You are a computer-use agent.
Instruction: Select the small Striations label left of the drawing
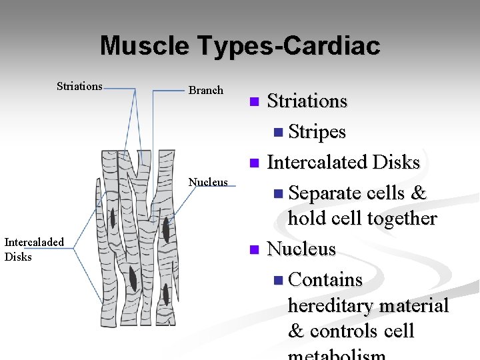[x=79, y=86]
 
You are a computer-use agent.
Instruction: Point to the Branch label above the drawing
[x=206, y=90]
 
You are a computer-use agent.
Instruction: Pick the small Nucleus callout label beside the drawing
[x=208, y=182]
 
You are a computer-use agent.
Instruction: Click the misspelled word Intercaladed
[x=34, y=242]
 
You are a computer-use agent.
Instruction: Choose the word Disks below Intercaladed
[x=18, y=257]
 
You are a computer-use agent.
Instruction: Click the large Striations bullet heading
[x=307, y=101]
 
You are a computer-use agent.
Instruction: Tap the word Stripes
[x=317, y=132]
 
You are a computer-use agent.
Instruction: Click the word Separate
[x=323, y=193]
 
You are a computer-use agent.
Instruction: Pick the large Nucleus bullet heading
[x=301, y=249]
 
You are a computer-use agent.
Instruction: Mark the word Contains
[x=326, y=280]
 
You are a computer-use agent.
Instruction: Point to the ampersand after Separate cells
[x=419, y=193]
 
